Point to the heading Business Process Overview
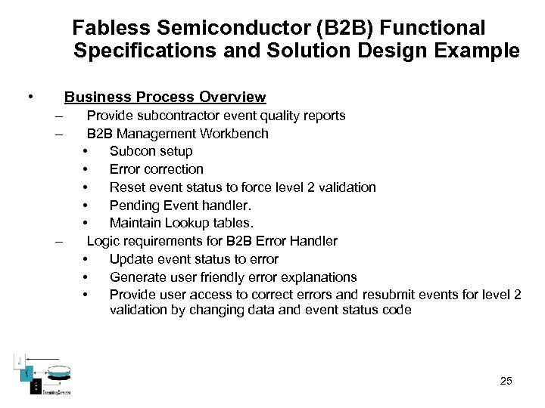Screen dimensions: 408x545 165,97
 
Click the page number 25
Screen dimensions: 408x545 506,381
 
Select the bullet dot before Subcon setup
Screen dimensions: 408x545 86,151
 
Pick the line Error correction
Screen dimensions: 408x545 156,169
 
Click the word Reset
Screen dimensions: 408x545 126,187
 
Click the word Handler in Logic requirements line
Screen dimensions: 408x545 313,241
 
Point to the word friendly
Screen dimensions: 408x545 225,277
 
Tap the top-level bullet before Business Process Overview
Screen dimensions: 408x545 30,97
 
